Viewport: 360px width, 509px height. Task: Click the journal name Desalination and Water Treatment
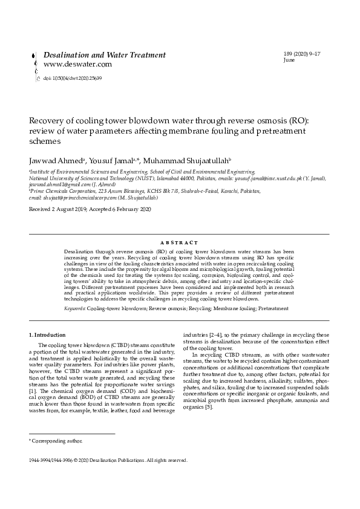pyautogui.click(x=105, y=55)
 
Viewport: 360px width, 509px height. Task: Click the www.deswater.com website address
pyautogui.click(x=77, y=64)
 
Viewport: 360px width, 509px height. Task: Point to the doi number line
pyautogui.click(x=72, y=78)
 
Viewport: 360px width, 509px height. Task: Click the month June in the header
pyautogui.click(x=289, y=61)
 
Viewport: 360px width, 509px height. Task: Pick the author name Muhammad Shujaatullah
pyautogui.click(x=188, y=161)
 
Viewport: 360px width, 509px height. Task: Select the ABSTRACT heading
pyautogui.click(x=180, y=241)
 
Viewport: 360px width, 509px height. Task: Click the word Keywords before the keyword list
pyautogui.click(x=74, y=308)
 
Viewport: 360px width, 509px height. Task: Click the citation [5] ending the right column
pyautogui.click(x=209, y=407)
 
